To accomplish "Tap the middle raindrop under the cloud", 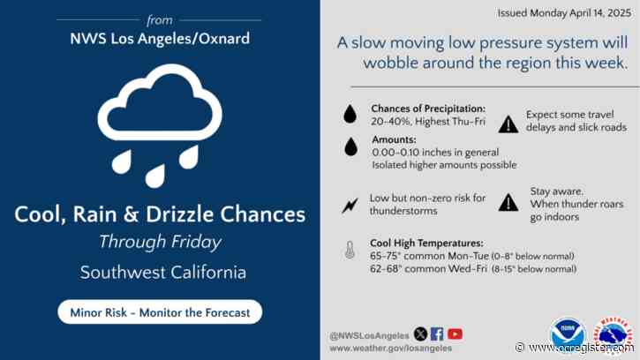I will click(155, 174).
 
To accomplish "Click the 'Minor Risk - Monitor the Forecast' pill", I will click(160, 311).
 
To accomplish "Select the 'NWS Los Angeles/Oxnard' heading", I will click(160, 38).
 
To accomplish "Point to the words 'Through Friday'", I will click(160, 242).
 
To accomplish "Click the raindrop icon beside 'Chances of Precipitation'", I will click(350, 116).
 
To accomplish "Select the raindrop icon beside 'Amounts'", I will click(350, 147).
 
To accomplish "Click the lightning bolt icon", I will click(350, 206).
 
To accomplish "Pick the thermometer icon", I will click(350, 251).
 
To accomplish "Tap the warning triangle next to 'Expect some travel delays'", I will click(508, 124).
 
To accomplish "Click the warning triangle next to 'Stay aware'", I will click(508, 203).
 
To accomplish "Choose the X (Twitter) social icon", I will click(420, 334).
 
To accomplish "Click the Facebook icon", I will click(437, 334).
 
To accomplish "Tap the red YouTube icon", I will click(455, 334).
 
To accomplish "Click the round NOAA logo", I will click(568, 334).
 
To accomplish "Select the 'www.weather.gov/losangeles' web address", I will click(389, 348).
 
